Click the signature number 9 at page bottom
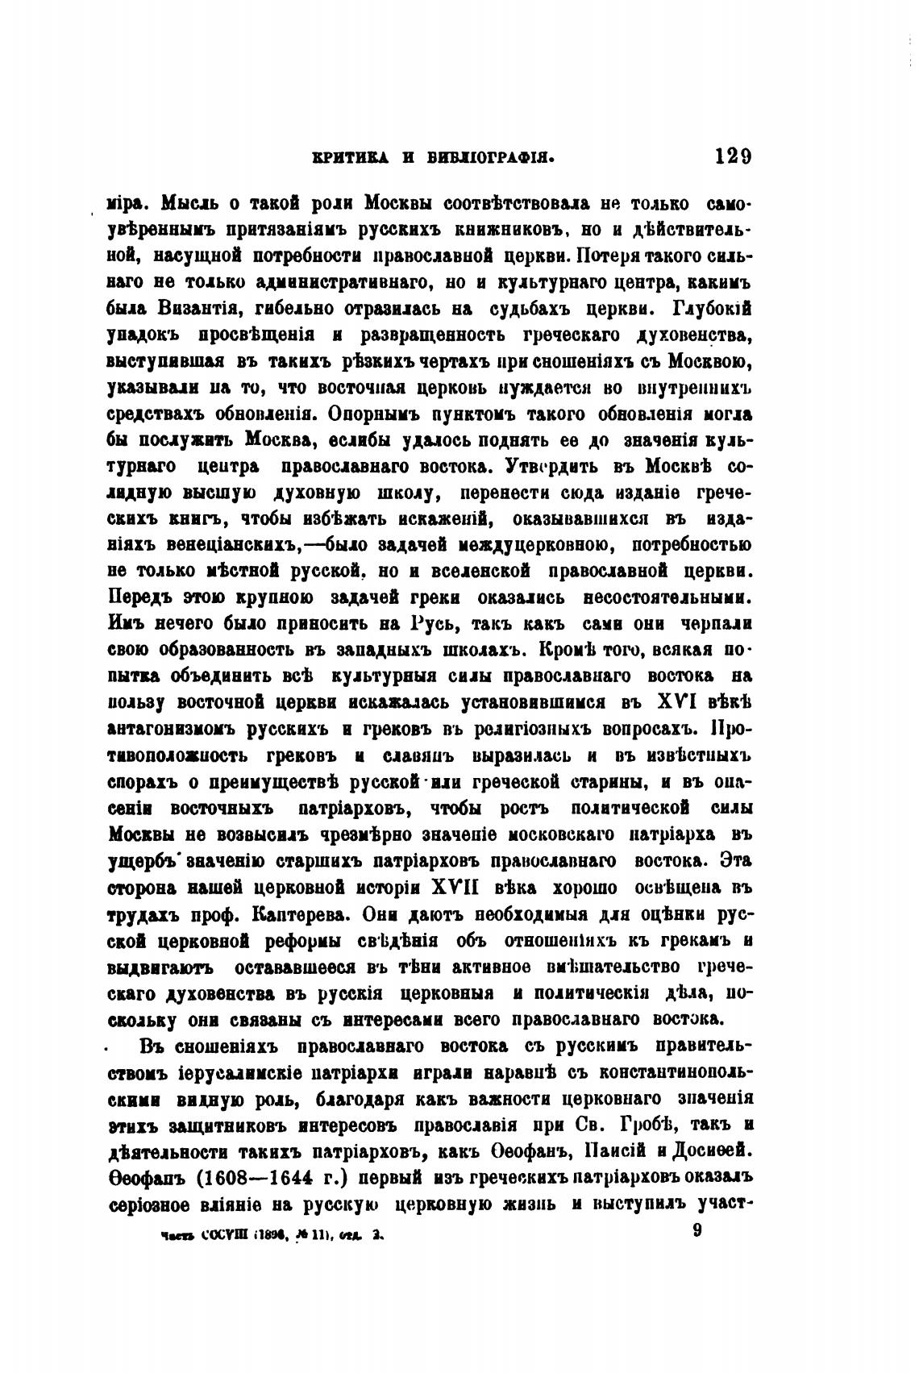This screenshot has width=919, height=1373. pyautogui.click(x=697, y=1233)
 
